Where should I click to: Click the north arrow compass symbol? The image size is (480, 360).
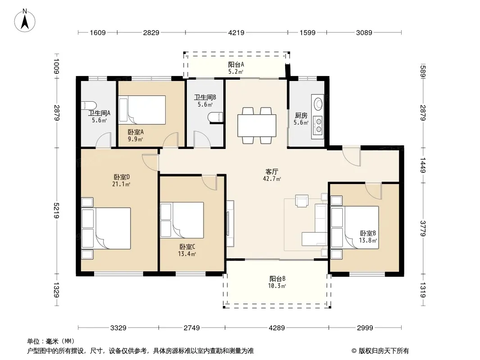coord(25,21)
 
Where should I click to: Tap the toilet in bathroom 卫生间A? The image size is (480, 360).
coord(88,105)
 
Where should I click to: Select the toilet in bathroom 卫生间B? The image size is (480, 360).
coord(215,117)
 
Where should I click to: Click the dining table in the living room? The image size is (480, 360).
coord(257,126)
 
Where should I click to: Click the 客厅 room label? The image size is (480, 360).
coord(272,171)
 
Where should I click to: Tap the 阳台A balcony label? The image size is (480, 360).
coord(236,64)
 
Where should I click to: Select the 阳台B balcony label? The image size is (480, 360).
coord(277,279)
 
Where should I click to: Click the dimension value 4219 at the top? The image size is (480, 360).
coord(236,32)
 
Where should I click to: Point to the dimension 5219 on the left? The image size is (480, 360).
coord(56,211)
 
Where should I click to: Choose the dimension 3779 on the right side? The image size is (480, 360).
coord(423,229)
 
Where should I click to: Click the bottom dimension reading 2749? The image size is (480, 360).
coord(192,328)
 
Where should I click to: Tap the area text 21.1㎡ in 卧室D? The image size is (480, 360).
coord(121,184)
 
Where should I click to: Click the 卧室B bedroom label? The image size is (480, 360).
coord(368,233)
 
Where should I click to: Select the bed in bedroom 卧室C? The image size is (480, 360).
coord(182,220)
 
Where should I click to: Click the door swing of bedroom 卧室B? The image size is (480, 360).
coord(373,190)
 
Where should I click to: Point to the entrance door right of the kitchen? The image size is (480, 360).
coord(351,157)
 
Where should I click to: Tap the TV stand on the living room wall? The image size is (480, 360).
coord(230,223)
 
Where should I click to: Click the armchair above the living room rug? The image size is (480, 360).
coord(302,201)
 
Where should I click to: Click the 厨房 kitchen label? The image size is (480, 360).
coord(301,115)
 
